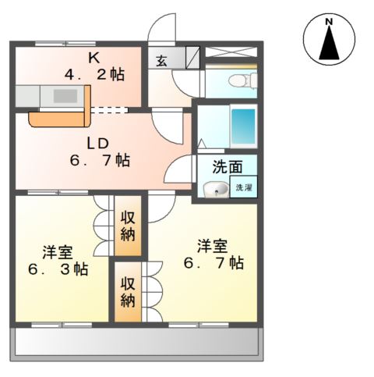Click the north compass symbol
(x=330, y=40)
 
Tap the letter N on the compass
(x=330, y=21)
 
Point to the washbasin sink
(x=215, y=190)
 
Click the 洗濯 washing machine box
(x=244, y=188)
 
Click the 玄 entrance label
(x=161, y=60)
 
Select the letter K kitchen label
(x=93, y=57)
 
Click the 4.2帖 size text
(x=93, y=75)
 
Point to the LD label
(x=97, y=143)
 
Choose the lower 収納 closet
(x=129, y=292)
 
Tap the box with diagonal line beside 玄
(x=192, y=56)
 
